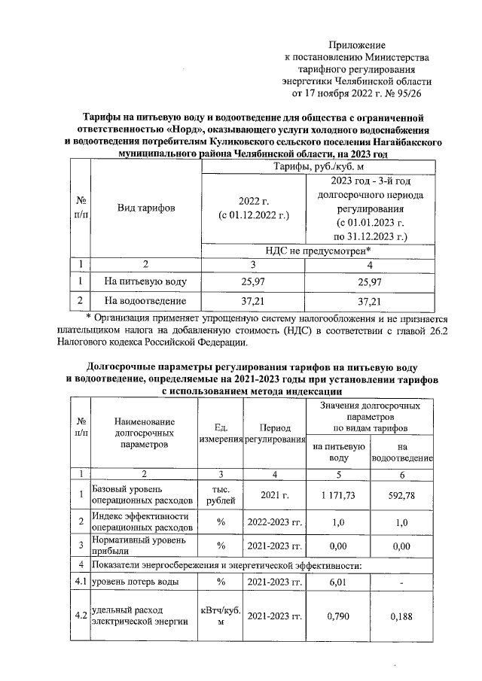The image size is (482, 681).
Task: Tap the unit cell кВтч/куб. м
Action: pyautogui.click(x=221, y=616)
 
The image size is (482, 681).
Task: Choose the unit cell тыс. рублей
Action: pyautogui.click(x=221, y=494)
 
